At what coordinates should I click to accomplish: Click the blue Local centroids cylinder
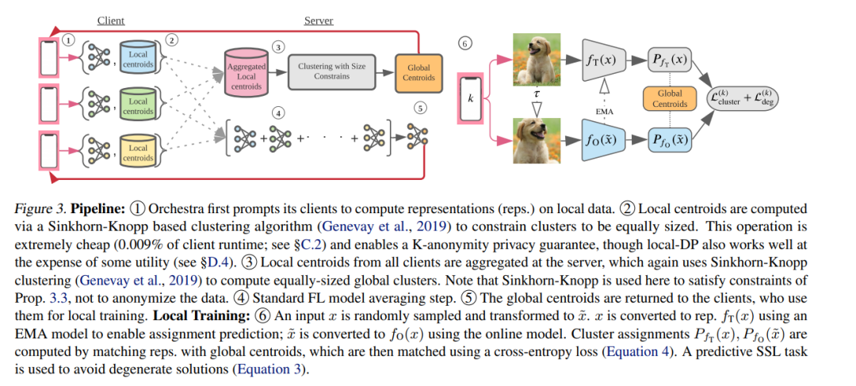[x=138, y=59]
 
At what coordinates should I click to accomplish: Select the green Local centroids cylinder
[x=138, y=106]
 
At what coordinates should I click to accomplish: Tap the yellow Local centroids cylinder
[x=138, y=152]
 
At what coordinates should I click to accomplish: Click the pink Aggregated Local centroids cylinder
[x=246, y=77]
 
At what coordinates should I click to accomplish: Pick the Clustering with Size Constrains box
[x=331, y=72]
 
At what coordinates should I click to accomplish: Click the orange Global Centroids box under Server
[x=418, y=73]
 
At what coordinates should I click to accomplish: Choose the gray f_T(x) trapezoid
[x=605, y=59]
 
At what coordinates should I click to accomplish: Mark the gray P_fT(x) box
[x=670, y=59]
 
